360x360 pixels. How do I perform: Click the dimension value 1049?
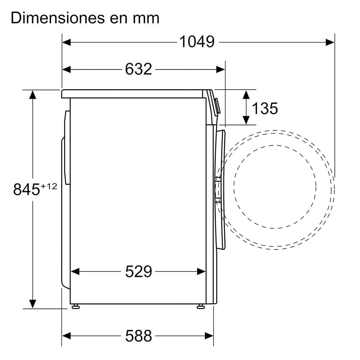197,42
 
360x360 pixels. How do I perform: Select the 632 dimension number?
139,69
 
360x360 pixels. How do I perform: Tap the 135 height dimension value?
265,108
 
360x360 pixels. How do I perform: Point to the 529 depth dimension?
139,271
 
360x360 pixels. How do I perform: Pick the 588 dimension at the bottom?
139,336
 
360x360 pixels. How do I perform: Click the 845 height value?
26,189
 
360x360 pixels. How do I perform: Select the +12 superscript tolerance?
49,186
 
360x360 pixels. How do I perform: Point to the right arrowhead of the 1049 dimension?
330,42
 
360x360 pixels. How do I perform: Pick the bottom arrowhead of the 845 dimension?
33,304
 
